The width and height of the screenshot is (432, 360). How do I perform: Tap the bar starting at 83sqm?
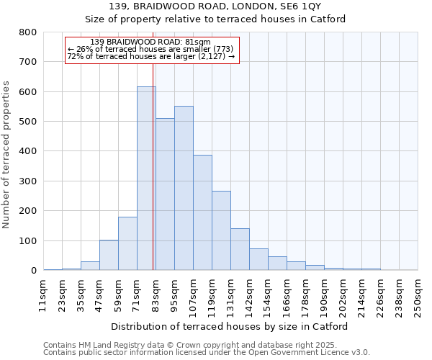(x=165, y=194)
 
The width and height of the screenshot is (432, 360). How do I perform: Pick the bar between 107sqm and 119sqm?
(x=202, y=212)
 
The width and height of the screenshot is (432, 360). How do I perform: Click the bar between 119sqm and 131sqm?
(x=221, y=230)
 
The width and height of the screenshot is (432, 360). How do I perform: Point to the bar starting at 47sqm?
(x=109, y=255)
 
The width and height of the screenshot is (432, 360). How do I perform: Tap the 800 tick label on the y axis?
(x=28, y=32)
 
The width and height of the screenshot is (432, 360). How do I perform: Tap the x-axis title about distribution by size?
(x=230, y=326)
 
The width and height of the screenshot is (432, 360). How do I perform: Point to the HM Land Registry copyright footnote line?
(x=206, y=345)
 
